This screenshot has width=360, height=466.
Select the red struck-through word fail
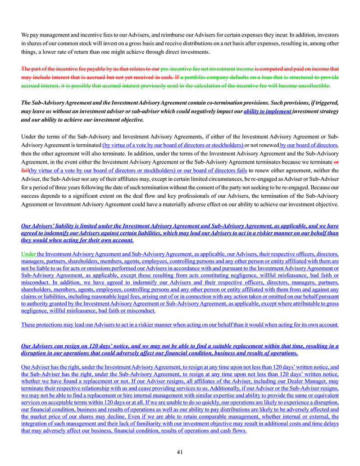[25, 170]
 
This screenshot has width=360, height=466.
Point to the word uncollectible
[314, 86]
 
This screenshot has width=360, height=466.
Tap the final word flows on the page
[239, 430]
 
